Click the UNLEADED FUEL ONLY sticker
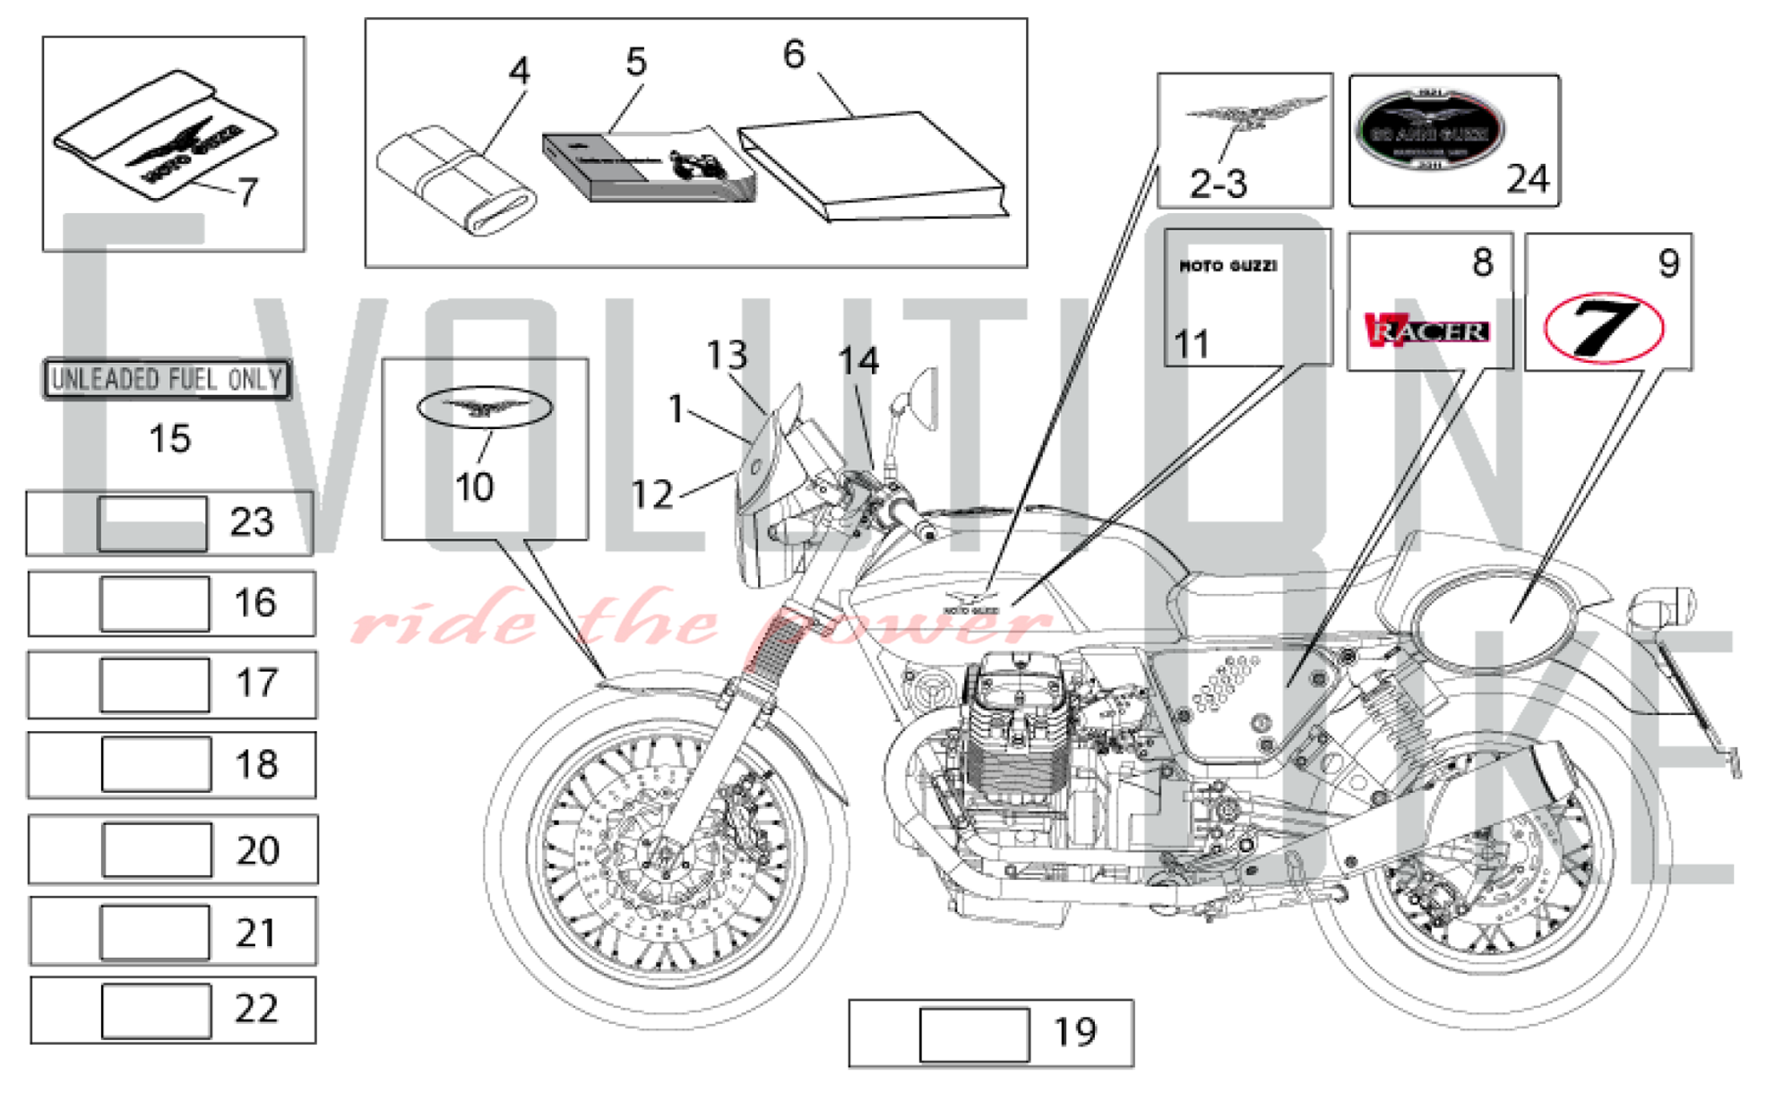point(168,379)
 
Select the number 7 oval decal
point(1603,328)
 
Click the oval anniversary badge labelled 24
point(1430,132)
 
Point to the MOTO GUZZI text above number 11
point(1228,266)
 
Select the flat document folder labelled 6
point(874,167)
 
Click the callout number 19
point(1074,1033)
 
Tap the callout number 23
point(251,522)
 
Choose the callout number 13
point(726,356)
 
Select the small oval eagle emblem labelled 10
point(485,408)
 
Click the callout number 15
point(169,439)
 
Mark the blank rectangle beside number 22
point(156,1011)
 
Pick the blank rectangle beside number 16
point(155,604)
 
